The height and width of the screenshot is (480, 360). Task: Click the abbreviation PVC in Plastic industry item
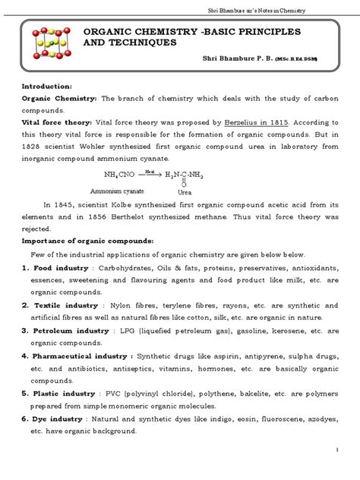click(x=112, y=393)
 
